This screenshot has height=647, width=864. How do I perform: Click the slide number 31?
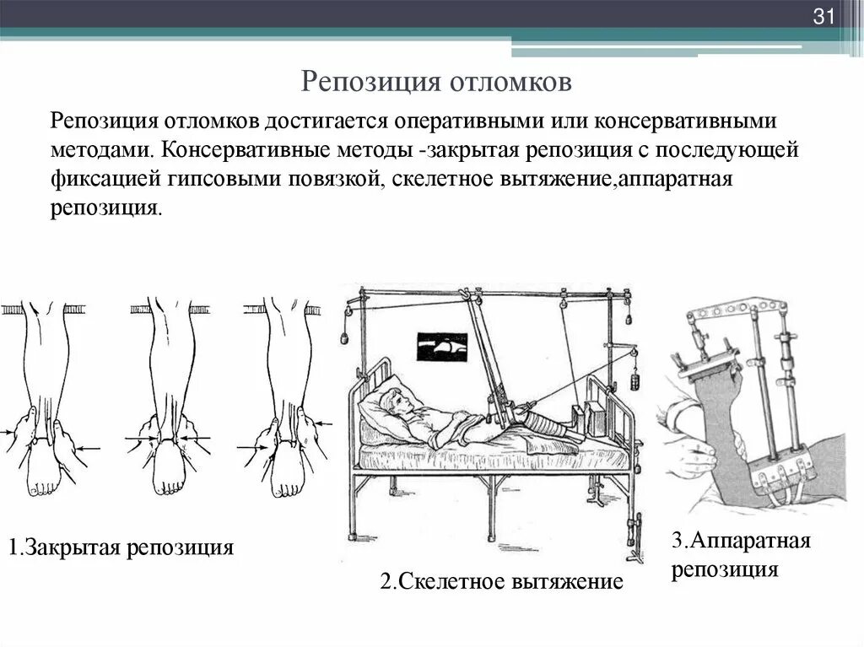point(823,16)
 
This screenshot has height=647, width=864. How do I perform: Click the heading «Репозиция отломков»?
point(437,82)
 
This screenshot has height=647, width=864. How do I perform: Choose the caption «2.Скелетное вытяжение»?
point(501,581)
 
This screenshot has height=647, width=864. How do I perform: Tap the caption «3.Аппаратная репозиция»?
point(741,554)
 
